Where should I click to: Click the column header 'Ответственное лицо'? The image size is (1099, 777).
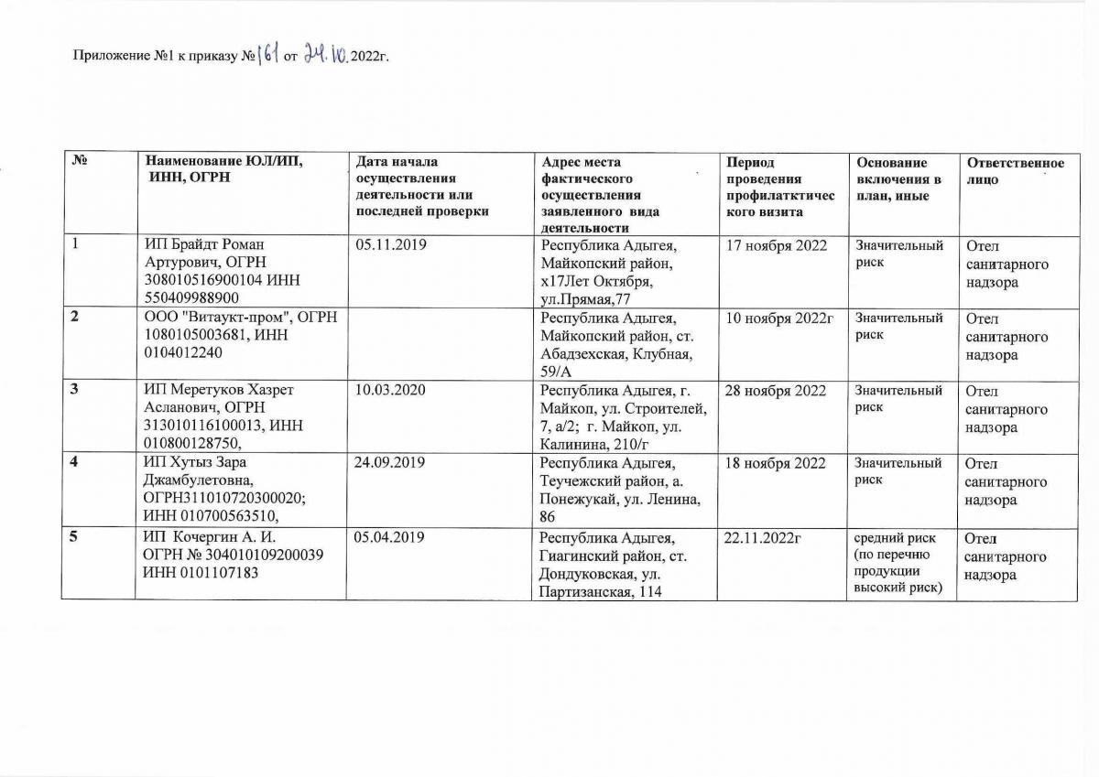[x=1016, y=171]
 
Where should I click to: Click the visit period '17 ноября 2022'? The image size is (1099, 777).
[x=776, y=246]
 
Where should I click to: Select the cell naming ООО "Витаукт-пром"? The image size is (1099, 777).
[x=241, y=335]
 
